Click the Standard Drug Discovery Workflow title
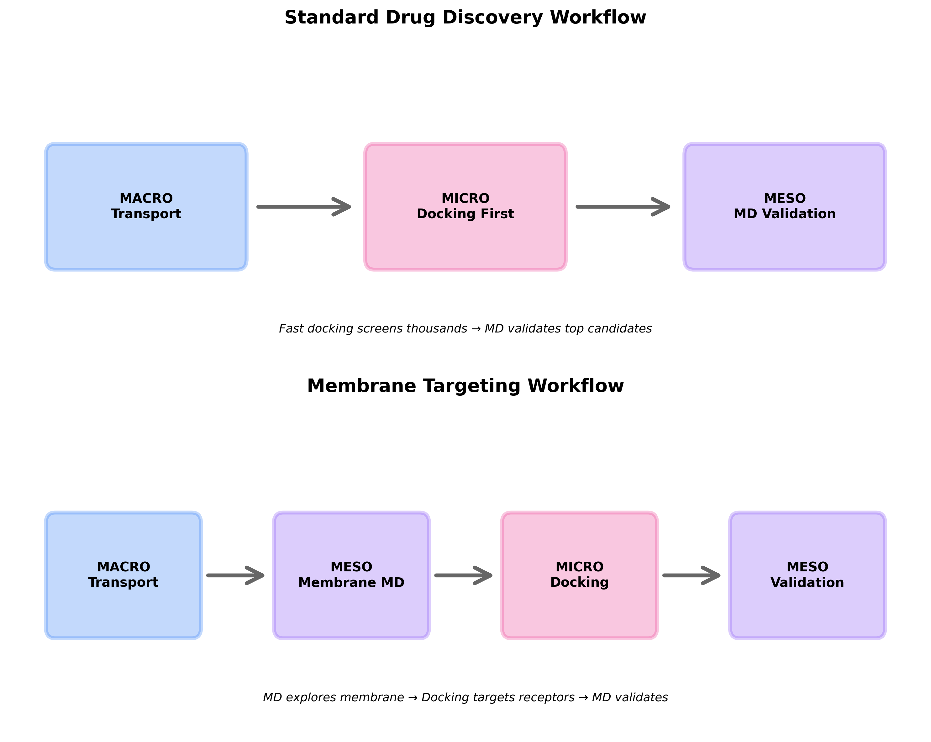465,18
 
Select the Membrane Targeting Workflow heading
465,386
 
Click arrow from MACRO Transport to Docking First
304,207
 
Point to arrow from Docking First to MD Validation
623,207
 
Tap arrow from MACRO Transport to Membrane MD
235,575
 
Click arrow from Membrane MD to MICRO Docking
463,575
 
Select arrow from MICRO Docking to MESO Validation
691,575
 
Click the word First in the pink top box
499,214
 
